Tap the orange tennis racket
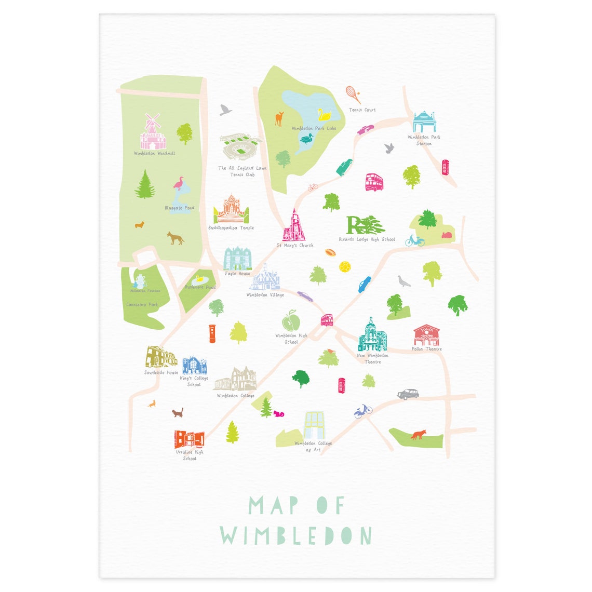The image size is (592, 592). (x=354, y=95)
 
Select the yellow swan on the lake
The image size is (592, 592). (x=325, y=114)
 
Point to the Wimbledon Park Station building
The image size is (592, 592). (x=424, y=123)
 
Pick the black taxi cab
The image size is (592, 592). (x=408, y=394)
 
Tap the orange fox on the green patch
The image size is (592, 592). (x=418, y=434)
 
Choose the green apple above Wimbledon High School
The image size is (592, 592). (x=291, y=320)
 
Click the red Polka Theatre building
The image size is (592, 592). (x=427, y=335)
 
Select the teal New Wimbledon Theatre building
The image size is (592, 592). (x=371, y=336)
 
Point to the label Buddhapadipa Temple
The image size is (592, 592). (x=231, y=228)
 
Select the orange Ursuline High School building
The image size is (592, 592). (x=189, y=439)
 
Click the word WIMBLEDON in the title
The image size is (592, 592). (x=296, y=535)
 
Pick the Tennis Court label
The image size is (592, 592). (x=362, y=110)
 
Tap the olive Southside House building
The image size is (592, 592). (x=160, y=357)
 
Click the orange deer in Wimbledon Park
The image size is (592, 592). (x=279, y=118)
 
